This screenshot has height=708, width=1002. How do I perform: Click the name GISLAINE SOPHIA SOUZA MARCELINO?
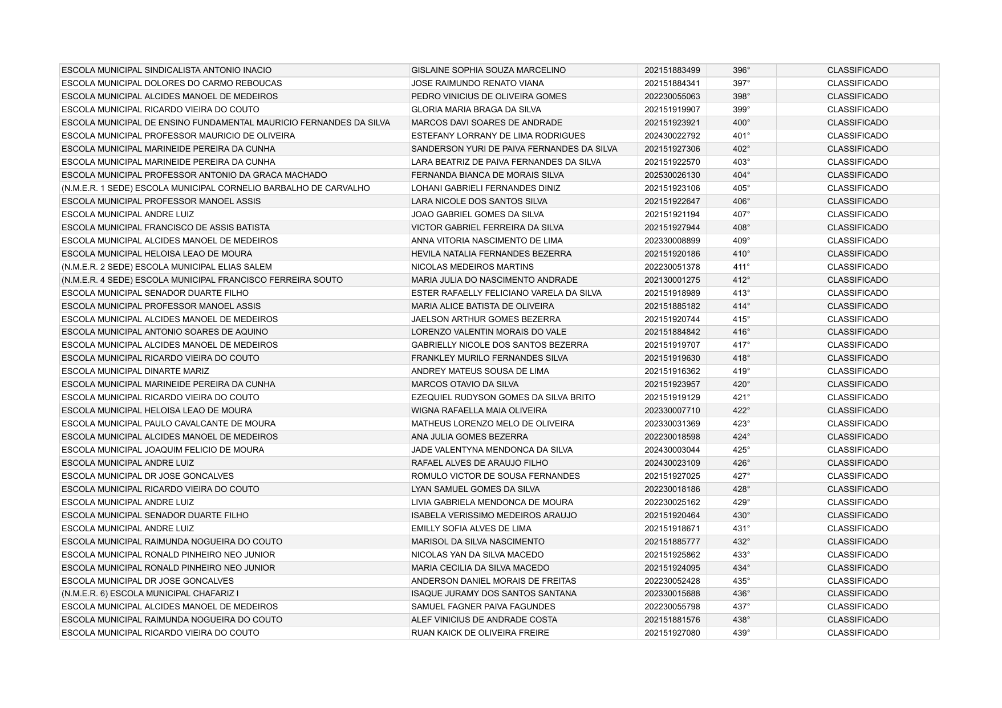click(488, 70)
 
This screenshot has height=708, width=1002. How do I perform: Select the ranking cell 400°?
click(741, 123)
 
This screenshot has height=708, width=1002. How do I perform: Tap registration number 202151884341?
click(672, 83)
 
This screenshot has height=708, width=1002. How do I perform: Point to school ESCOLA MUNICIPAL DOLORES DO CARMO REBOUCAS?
click(172, 83)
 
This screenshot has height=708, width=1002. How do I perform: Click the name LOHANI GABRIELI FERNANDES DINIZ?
click(485, 188)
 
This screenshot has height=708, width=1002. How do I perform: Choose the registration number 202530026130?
click(672, 175)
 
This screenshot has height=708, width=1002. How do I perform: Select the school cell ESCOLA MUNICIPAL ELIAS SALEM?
click(167, 267)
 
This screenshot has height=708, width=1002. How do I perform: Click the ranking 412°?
click(741, 280)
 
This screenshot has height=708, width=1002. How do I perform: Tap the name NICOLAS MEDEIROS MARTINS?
click(472, 267)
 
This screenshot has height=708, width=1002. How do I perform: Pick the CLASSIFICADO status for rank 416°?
click(857, 332)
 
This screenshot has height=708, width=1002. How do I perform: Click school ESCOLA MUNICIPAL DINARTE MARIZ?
click(135, 371)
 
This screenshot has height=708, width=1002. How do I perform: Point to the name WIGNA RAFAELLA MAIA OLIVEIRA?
click(478, 410)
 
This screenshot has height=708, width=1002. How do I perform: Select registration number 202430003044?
click(672, 450)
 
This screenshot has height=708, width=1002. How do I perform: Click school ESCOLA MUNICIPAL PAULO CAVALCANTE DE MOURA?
click(168, 424)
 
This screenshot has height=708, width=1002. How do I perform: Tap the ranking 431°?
click(741, 528)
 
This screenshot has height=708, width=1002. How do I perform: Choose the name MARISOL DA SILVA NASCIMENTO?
click(477, 542)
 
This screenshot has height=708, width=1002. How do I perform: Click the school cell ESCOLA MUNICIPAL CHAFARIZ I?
click(150, 593)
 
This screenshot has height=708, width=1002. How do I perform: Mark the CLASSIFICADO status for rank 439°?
click(857, 633)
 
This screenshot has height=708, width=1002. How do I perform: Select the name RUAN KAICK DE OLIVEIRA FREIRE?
click(480, 633)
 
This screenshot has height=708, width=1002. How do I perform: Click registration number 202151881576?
click(672, 620)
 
